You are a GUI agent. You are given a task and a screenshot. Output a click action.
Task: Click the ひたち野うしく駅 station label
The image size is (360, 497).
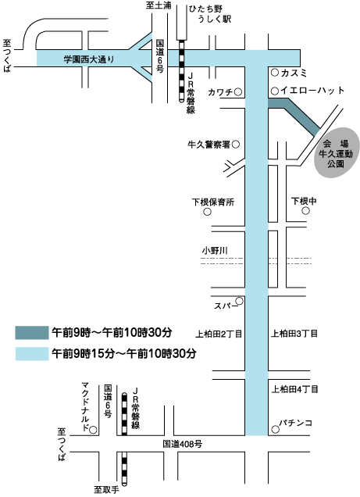click(x=210, y=14)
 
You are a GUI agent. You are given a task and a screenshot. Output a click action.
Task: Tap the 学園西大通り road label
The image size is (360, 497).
click(x=89, y=59)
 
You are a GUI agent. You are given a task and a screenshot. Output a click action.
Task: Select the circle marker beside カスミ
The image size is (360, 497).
click(x=275, y=73)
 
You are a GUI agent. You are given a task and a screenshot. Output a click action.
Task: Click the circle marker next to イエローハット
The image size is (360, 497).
click(x=275, y=91)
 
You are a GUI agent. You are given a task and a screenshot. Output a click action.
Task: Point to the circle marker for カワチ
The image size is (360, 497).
click(x=238, y=92)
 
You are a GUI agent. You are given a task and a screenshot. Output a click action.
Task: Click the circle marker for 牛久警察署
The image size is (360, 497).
click(x=236, y=145)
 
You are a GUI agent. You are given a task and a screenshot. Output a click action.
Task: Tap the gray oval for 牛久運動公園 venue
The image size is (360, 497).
click(x=337, y=152)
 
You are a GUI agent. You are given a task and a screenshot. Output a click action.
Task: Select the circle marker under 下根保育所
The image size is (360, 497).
click(x=207, y=212)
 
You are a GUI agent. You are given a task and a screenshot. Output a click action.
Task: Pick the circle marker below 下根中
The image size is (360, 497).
click(x=305, y=210)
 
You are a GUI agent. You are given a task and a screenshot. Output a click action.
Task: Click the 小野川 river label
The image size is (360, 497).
click(x=215, y=251)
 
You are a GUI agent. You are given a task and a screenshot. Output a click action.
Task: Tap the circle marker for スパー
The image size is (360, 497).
click(x=240, y=301)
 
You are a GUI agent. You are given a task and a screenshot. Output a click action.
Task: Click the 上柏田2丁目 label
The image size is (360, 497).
click(x=219, y=334)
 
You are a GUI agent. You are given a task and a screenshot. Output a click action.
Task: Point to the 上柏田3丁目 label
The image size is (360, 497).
click(x=294, y=334)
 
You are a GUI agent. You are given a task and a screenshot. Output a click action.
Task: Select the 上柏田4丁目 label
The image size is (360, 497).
click(x=294, y=389)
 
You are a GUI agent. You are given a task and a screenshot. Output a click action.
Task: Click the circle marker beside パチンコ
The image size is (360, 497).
click(x=276, y=430)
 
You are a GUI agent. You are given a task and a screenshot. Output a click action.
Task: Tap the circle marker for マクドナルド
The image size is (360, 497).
click(x=93, y=430)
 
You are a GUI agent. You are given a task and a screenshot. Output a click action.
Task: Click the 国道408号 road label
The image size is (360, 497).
click(x=183, y=444)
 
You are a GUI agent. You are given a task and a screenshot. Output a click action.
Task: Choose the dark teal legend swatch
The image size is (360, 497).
click(x=32, y=332)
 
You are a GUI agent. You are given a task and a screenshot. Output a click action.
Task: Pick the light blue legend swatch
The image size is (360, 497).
click(x=32, y=353)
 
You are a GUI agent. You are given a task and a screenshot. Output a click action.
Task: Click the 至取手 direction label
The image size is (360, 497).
click(x=106, y=490)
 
